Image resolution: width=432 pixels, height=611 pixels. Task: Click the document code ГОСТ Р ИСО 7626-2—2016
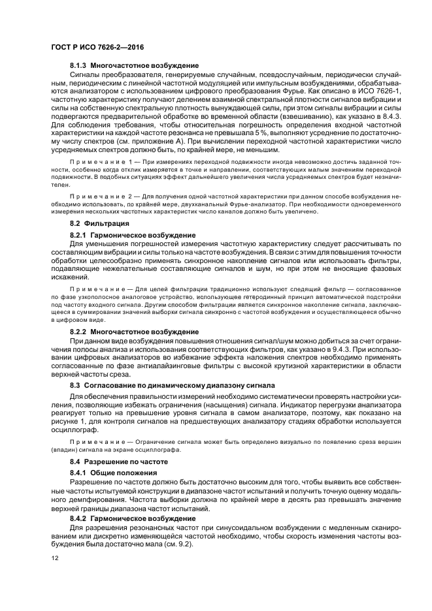[97, 48]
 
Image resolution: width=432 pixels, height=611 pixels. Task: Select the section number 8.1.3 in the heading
[78, 66]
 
